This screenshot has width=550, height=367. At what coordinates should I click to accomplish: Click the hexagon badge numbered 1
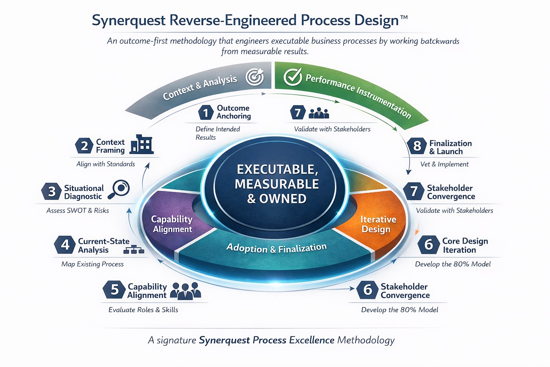206,113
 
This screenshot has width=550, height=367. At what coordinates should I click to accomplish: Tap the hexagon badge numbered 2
84,146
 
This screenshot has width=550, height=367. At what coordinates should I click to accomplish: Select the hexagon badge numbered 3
52,191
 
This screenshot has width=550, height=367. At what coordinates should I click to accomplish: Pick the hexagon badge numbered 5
114,290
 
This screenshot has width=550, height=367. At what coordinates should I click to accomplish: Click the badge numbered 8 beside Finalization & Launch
417,146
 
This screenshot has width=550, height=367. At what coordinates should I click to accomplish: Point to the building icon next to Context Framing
142,145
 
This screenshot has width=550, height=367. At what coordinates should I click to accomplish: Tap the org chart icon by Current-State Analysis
133,249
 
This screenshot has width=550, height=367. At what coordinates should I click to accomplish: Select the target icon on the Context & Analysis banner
255,77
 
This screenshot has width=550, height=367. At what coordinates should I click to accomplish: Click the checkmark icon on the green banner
293,77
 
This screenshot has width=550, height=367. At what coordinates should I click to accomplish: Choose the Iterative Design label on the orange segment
378,224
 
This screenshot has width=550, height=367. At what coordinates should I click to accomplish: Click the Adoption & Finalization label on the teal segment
276,248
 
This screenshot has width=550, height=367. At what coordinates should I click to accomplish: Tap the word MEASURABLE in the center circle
276,184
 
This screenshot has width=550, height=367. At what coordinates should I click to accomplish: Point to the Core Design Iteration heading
465,246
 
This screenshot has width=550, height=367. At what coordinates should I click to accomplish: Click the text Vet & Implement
444,164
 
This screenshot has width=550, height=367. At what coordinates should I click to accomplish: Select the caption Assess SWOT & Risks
78,211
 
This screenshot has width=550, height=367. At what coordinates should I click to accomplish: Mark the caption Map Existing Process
92,264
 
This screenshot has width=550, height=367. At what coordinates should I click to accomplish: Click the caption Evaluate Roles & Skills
143,310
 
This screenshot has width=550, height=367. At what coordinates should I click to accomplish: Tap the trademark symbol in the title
404,17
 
